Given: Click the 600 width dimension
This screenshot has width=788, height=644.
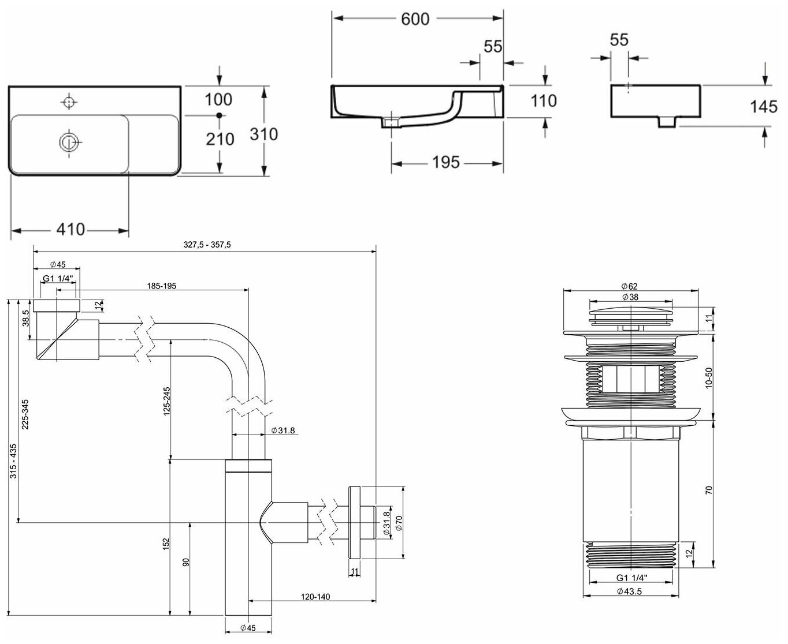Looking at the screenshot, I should (x=415, y=19).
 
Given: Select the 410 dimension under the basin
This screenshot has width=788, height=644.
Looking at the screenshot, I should (x=70, y=230).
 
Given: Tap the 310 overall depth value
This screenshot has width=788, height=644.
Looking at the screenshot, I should (x=264, y=134).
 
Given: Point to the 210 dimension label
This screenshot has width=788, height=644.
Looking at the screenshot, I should (x=220, y=139).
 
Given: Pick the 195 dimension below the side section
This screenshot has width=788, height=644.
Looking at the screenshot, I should (x=445, y=163).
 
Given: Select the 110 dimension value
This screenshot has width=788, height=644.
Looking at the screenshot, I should (x=544, y=101).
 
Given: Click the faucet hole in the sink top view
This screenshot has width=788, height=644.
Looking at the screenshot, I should (x=69, y=102).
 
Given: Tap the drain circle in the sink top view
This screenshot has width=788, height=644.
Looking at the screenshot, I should (x=69, y=141).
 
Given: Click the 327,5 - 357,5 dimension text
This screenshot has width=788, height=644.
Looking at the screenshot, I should (x=207, y=245).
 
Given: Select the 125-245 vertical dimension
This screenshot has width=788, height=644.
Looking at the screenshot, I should (x=166, y=400).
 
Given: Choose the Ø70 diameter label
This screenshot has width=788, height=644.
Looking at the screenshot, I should (x=399, y=522).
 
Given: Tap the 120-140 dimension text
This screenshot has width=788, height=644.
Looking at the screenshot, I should (x=315, y=597).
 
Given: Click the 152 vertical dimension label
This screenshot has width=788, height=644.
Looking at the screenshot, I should (x=166, y=544).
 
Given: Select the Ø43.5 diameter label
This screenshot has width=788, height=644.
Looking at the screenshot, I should (x=629, y=591).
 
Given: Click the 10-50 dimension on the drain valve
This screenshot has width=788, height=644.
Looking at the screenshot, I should (x=709, y=378).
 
